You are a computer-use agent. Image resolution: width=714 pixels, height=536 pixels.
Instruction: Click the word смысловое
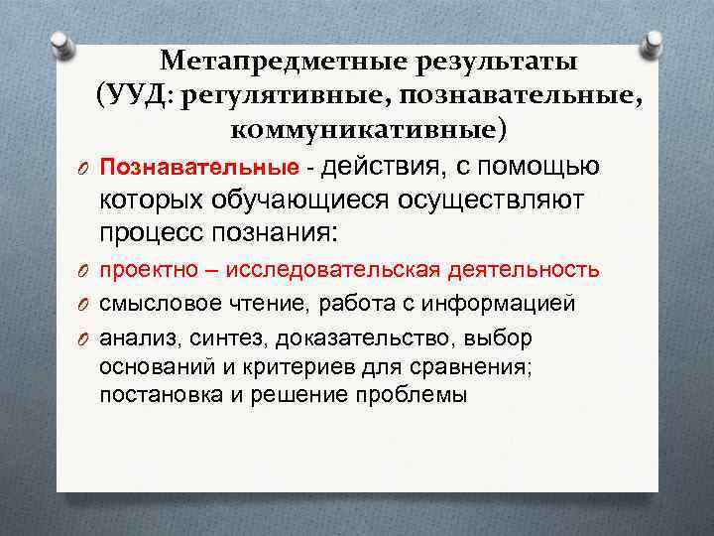click(x=149, y=303)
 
